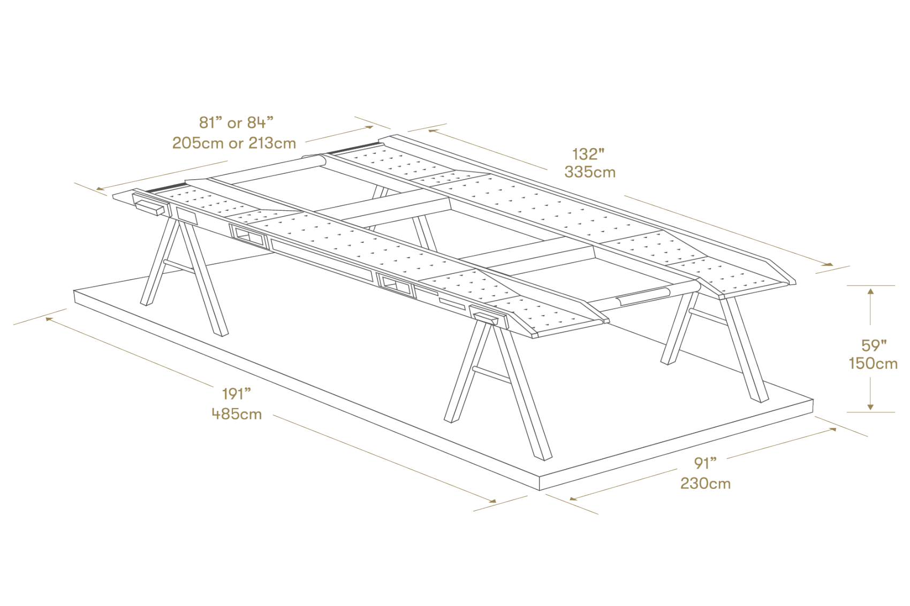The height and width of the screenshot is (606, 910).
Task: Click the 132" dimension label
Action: click(x=588, y=154)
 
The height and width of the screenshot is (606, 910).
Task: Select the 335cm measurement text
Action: click(x=590, y=173)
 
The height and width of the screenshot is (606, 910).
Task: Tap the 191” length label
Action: click(x=237, y=394)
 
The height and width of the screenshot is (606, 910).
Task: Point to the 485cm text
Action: click(x=237, y=414)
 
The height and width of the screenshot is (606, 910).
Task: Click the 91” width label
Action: click(x=706, y=463)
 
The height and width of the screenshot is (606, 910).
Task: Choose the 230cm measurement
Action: click(x=706, y=484)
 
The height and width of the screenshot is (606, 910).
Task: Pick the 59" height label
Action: click(x=874, y=346)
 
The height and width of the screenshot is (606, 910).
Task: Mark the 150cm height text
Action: click(x=873, y=364)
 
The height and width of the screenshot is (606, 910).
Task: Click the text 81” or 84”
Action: click(x=236, y=122)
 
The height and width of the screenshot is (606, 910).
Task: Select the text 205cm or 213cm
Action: click(x=234, y=143)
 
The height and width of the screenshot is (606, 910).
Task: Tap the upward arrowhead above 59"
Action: click(x=870, y=291)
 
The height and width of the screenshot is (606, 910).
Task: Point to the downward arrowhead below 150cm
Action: click(x=870, y=406)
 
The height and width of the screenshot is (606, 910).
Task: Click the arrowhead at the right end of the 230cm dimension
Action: click(x=833, y=429)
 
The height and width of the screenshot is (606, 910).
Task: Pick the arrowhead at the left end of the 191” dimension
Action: click(x=49, y=319)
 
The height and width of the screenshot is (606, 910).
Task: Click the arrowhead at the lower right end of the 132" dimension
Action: click(x=829, y=264)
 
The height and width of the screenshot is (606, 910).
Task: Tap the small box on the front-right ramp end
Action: click(x=486, y=319)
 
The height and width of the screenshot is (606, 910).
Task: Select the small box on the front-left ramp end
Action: click(x=150, y=208)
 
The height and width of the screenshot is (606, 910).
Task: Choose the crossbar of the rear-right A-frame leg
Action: click(x=708, y=317)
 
